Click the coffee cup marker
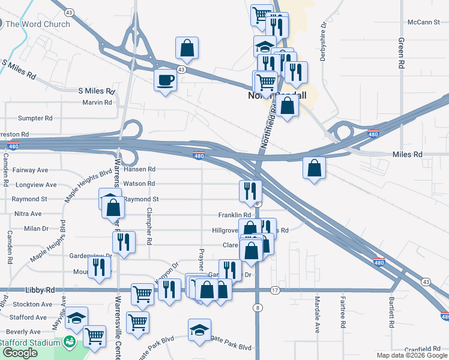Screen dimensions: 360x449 coord(165,80)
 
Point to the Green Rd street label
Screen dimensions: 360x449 coord(400,55)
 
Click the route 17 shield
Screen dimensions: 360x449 coord(275,290)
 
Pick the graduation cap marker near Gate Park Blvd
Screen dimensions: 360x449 coord(200,330)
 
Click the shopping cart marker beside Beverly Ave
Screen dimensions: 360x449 coord(94,337)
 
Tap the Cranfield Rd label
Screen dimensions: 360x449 coord(423,349)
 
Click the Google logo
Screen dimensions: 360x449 coord(20,353)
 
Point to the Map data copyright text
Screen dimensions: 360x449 coord(412,355)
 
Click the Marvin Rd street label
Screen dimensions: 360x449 coord(97,102)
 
